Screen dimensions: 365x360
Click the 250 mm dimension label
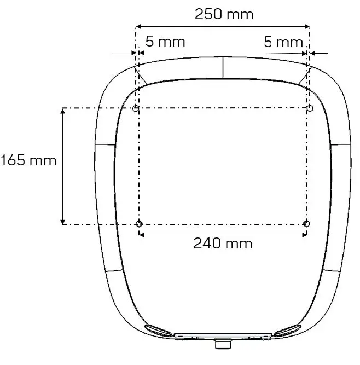[224, 14]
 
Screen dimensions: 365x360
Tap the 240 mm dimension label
[223, 243]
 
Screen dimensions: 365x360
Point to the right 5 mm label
[283, 42]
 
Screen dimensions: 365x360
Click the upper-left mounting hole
[136, 108]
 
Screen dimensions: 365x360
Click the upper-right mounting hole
[310, 108]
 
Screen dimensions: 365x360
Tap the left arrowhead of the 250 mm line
[138, 26]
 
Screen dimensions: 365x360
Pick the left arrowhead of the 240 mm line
[142, 235]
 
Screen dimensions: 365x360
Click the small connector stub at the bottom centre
[223, 345]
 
